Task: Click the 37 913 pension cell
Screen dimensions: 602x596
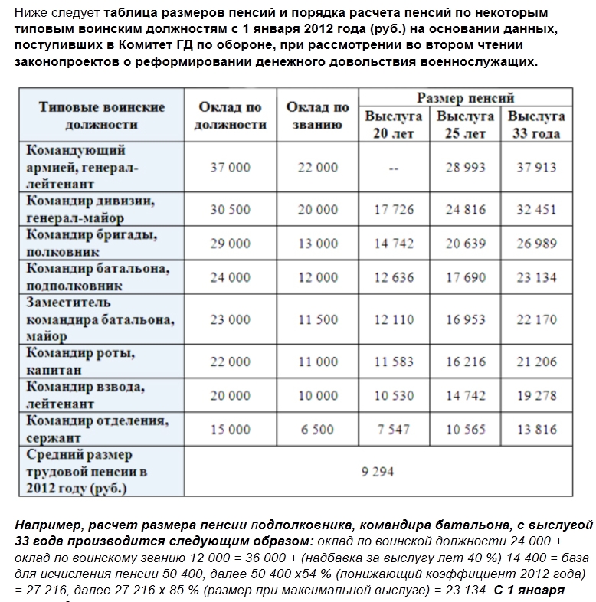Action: coord(535,167)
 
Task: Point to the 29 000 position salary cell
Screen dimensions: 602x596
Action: coord(230,244)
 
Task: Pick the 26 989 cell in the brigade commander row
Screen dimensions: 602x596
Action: coord(535,244)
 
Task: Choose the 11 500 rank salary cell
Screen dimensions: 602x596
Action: coord(317,319)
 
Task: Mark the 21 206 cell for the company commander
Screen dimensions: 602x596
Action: coord(535,362)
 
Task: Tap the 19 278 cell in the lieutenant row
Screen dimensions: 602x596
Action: coord(535,395)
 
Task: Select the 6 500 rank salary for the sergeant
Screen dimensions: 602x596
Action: coord(317,430)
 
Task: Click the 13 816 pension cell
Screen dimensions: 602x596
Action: coord(535,430)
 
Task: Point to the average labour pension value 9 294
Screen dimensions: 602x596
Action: coord(377,472)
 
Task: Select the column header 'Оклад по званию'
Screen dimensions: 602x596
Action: coord(317,116)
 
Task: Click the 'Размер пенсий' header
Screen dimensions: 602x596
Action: coord(465,98)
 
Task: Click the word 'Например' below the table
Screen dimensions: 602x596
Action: coord(47,525)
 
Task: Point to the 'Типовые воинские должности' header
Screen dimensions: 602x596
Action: coord(101,116)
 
